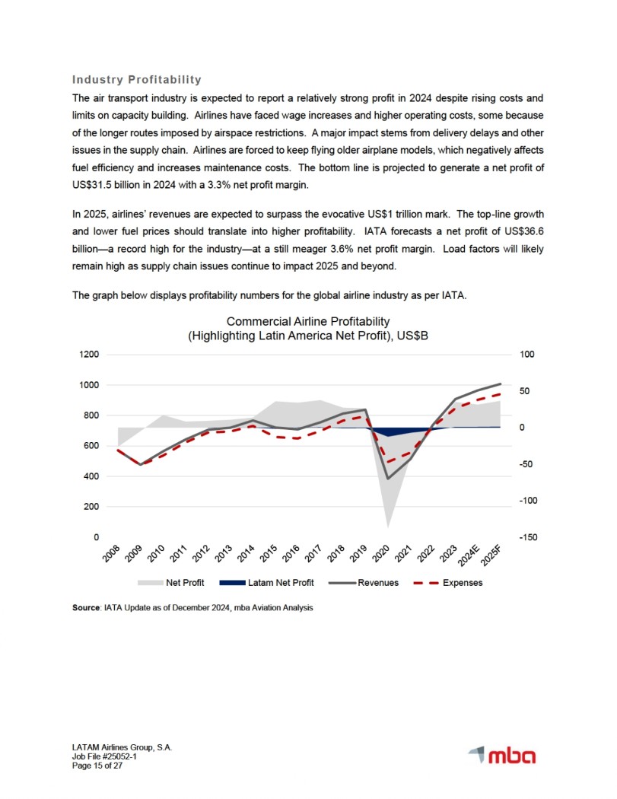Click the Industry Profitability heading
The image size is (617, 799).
(x=136, y=80)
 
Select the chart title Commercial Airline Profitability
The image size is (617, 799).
(x=308, y=322)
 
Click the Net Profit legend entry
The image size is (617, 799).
(x=184, y=584)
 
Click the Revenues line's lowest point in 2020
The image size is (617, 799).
(x=388, y=479)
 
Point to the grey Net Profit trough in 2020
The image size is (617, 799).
(x=388, y=526)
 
